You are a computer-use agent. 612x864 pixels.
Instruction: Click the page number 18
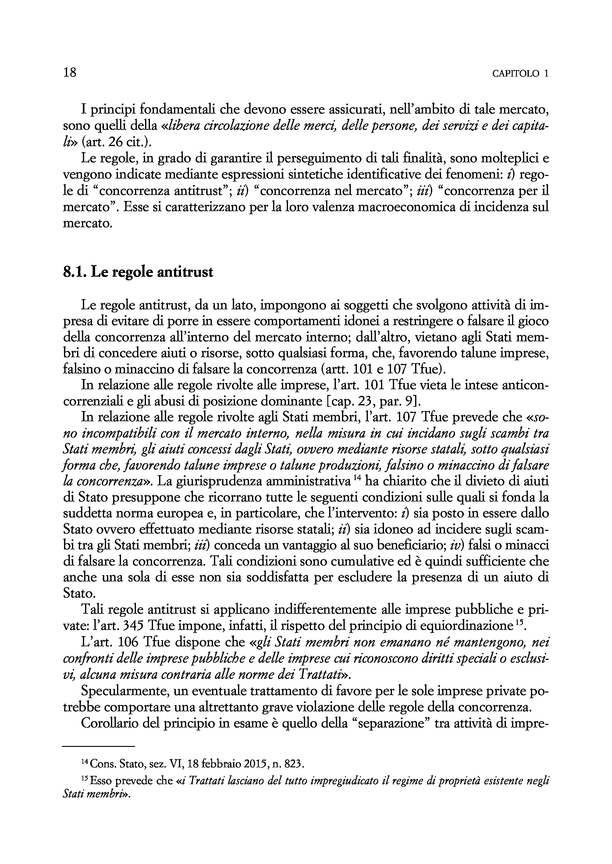click(x=70, y=72)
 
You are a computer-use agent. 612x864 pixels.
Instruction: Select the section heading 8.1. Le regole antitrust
click(x=138, y=272)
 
